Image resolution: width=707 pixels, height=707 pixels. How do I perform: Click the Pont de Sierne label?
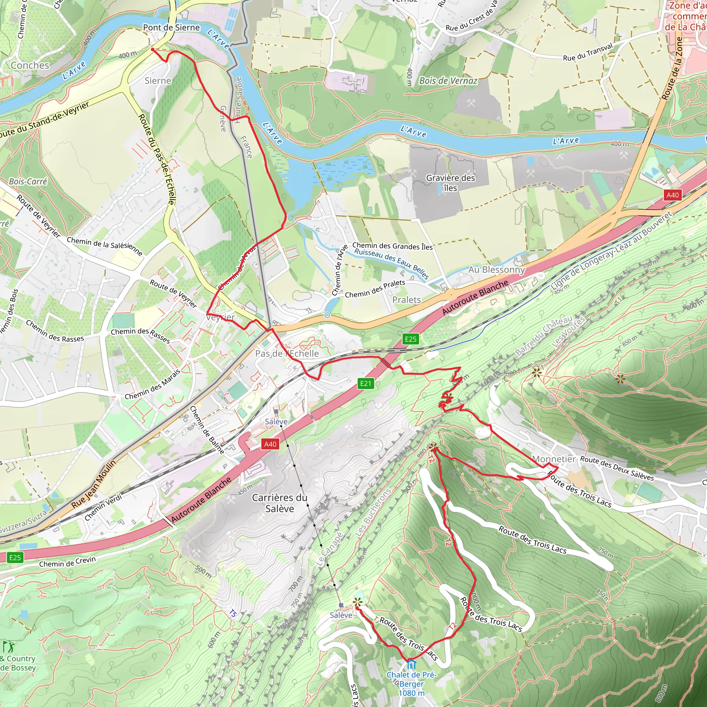(x=171, y=28)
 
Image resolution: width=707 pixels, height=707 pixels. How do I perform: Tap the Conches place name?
(x=30, y=66)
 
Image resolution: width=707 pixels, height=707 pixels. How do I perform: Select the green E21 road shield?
(x=365, y=384)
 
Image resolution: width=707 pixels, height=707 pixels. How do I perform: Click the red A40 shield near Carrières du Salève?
(x=270, y=444)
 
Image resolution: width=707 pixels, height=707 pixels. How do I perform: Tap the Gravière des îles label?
(x=450, y=183)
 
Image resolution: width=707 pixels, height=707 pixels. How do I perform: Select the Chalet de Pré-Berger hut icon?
(x=411, y=664)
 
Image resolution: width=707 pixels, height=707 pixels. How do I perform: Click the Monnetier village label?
(x=554, y=459)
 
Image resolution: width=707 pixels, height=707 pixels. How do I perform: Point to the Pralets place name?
(x=406, y=300)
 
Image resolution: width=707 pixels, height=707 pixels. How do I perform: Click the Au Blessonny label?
(x=496, y=270)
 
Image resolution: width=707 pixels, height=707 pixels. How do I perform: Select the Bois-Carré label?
(x=28, y=182)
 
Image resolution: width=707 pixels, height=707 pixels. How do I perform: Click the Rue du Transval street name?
(x=587, y=53)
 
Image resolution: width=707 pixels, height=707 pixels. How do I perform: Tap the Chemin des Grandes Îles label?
(x=392, y=246)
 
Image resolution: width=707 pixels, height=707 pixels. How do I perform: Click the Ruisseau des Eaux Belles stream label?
(x=391, y=263)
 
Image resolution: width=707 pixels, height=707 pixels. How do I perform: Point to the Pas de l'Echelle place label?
(x=287, y=353)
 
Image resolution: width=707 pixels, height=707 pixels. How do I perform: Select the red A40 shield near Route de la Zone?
(x=672, y=195)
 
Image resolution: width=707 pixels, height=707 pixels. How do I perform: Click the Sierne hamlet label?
(x=158, y=81)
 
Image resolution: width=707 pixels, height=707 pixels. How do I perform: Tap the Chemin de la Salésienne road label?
(x=104, y=246)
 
